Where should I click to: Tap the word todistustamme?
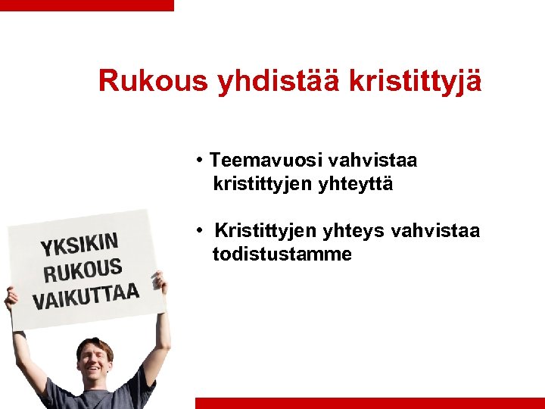[282, 254]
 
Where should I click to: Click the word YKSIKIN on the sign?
[79, 245]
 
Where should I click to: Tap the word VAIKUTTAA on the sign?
[86, 295]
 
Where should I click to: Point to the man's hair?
[94, 345]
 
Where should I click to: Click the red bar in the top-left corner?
[86, 5]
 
